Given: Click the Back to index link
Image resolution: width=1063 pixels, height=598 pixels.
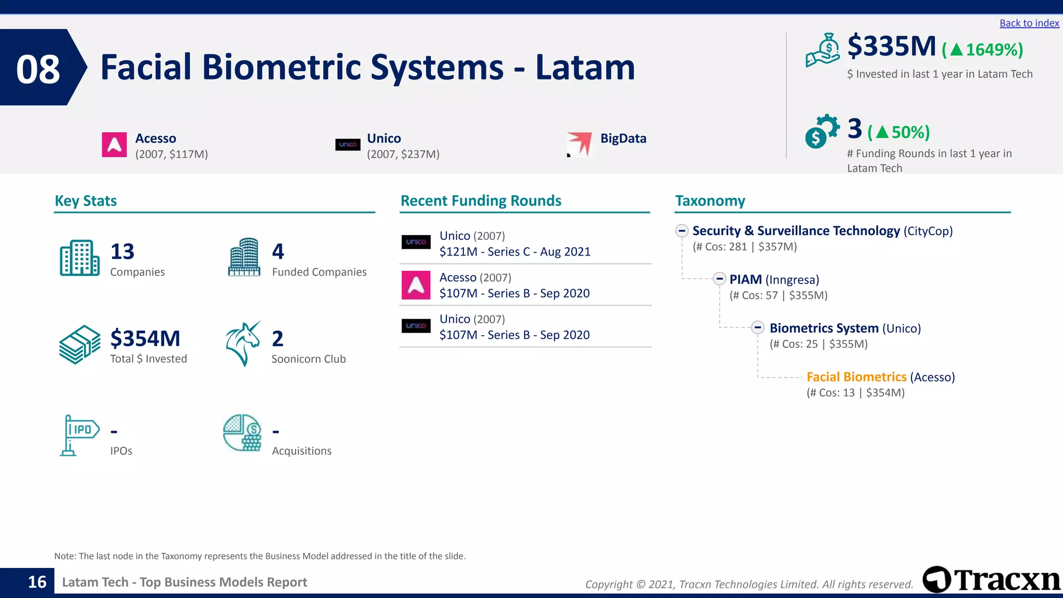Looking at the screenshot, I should (1029, 23).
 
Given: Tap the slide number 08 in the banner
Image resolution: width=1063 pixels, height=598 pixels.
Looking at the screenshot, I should (38, 69).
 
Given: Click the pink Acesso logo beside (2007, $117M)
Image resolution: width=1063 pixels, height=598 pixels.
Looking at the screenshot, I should (114, 145).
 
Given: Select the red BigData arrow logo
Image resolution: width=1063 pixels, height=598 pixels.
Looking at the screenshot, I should (580, 144).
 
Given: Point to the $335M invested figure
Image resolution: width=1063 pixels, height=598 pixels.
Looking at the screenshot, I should (891, 46).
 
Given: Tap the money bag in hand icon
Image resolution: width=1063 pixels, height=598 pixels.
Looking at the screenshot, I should (823, 50).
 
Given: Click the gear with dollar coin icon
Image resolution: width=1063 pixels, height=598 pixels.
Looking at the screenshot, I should (822, 131).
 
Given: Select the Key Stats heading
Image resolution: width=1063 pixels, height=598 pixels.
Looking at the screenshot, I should (86, 201).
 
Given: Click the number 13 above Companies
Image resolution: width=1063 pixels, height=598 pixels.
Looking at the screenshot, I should (122, 252).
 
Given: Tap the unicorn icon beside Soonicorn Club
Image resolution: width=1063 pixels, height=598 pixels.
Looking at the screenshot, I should (243, 344).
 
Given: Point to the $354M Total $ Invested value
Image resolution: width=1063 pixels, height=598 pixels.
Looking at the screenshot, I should (145, 339).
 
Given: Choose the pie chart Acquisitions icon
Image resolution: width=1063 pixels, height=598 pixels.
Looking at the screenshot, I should (242, 432).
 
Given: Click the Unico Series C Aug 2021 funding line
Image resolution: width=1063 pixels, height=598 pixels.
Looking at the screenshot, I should (514, 252).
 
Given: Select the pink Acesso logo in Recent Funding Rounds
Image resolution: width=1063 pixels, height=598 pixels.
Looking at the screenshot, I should (416, 285).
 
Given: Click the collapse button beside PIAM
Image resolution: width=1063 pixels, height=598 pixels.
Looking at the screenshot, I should (719, 279).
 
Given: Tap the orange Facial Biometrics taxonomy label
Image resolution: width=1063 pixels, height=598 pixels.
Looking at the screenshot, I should (856, 377).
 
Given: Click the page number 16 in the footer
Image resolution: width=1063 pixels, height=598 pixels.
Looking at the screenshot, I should (37, 582).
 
